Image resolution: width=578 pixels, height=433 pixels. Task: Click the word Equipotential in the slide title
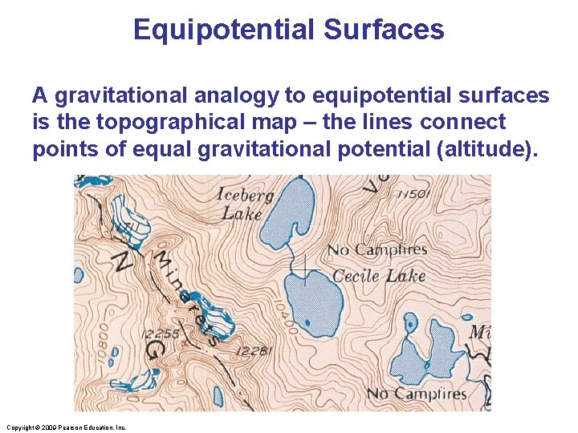click(223, 30)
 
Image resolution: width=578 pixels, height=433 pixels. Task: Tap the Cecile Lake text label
click(378, 276)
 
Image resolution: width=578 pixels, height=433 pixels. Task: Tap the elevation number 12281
click(254, 350)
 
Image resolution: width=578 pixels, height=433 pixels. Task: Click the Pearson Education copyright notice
click(65, 427)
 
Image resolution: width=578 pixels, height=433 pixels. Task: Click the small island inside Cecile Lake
click(304, 280)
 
